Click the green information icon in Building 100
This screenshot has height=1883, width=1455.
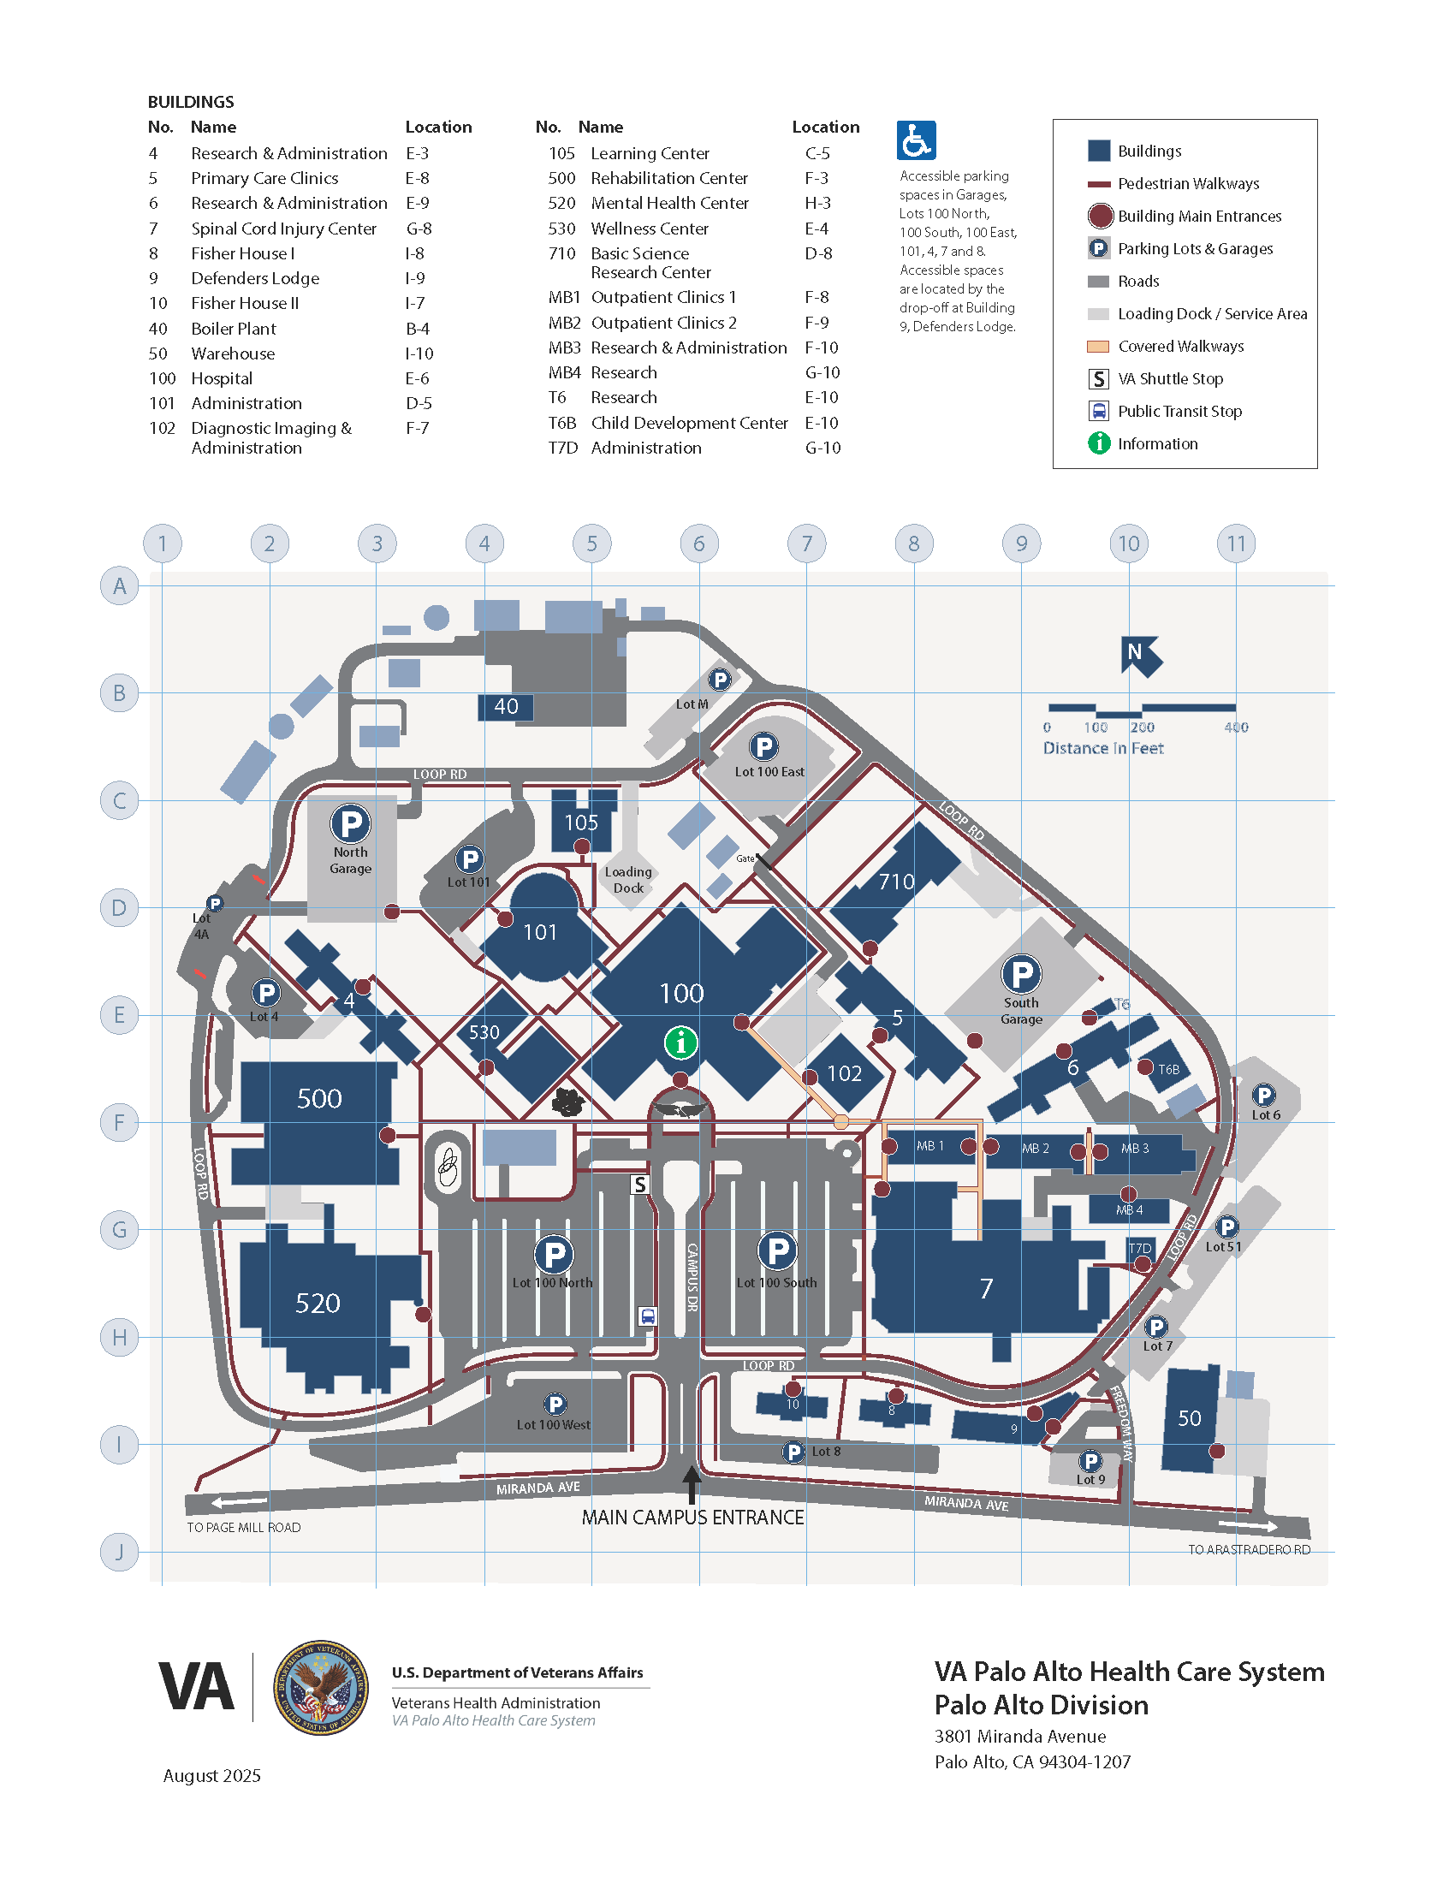[680, 1042]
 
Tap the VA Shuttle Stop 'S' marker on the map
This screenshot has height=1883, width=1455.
[639, 1185]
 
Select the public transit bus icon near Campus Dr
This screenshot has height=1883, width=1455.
[648, 1316]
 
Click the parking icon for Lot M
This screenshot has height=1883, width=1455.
[719, 680]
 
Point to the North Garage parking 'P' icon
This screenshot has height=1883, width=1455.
[351, 823]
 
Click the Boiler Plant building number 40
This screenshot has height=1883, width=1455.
[506, 707]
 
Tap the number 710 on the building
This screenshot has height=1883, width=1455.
[896, 882]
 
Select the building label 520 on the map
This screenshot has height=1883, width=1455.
[318, 1303]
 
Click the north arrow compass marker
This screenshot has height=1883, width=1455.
[1139, 656]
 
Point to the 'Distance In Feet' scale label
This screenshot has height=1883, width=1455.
[1102, 748]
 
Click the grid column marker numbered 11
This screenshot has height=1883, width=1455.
[1236, 544]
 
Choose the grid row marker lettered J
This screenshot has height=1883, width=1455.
[119, 1553]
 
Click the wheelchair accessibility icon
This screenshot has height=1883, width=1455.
[916, 140]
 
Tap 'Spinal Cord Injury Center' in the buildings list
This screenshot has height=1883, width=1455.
[283, 229]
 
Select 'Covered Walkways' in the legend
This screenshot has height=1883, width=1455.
[1180, 347]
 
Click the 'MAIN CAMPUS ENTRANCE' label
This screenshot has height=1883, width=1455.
[692, 1518]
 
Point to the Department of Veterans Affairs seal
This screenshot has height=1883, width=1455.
[321, 1687]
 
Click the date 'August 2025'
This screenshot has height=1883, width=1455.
[212, 1775]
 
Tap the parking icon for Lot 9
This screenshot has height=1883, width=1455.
[1090, 1461]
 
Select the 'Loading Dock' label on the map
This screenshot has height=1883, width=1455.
[628, 879]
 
